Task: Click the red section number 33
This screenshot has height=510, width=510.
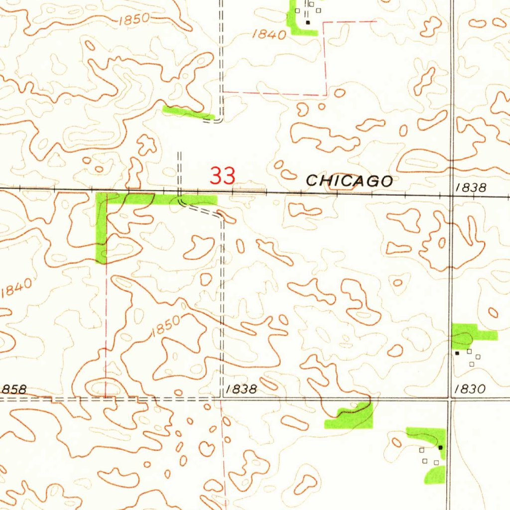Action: [x=223, y=176]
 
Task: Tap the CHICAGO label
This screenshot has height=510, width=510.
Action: [x=349, y=181]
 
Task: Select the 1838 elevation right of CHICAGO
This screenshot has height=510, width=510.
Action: [x=471, y=187]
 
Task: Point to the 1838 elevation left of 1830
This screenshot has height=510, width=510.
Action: [x=241, y=389]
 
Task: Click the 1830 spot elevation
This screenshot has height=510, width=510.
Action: [x=470, y=389]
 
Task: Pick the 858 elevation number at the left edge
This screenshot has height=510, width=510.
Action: [x=13, y=389]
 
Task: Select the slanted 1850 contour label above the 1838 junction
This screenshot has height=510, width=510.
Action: [x=166, y=327]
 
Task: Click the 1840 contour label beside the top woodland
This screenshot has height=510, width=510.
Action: [x=269, y=34]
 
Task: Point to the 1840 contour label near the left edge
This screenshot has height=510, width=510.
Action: [x=16, y=288]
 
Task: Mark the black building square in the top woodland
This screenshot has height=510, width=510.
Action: [x=308, y=22]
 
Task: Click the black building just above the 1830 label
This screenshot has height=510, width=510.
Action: [x=457, y=353]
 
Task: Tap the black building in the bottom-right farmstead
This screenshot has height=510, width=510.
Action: [x=440, y=448]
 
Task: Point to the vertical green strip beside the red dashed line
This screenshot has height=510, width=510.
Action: [x=101, y=229]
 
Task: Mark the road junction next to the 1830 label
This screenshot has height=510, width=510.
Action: [x=450, y=398]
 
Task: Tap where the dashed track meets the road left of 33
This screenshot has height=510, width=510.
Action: [x=180, y=191]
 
